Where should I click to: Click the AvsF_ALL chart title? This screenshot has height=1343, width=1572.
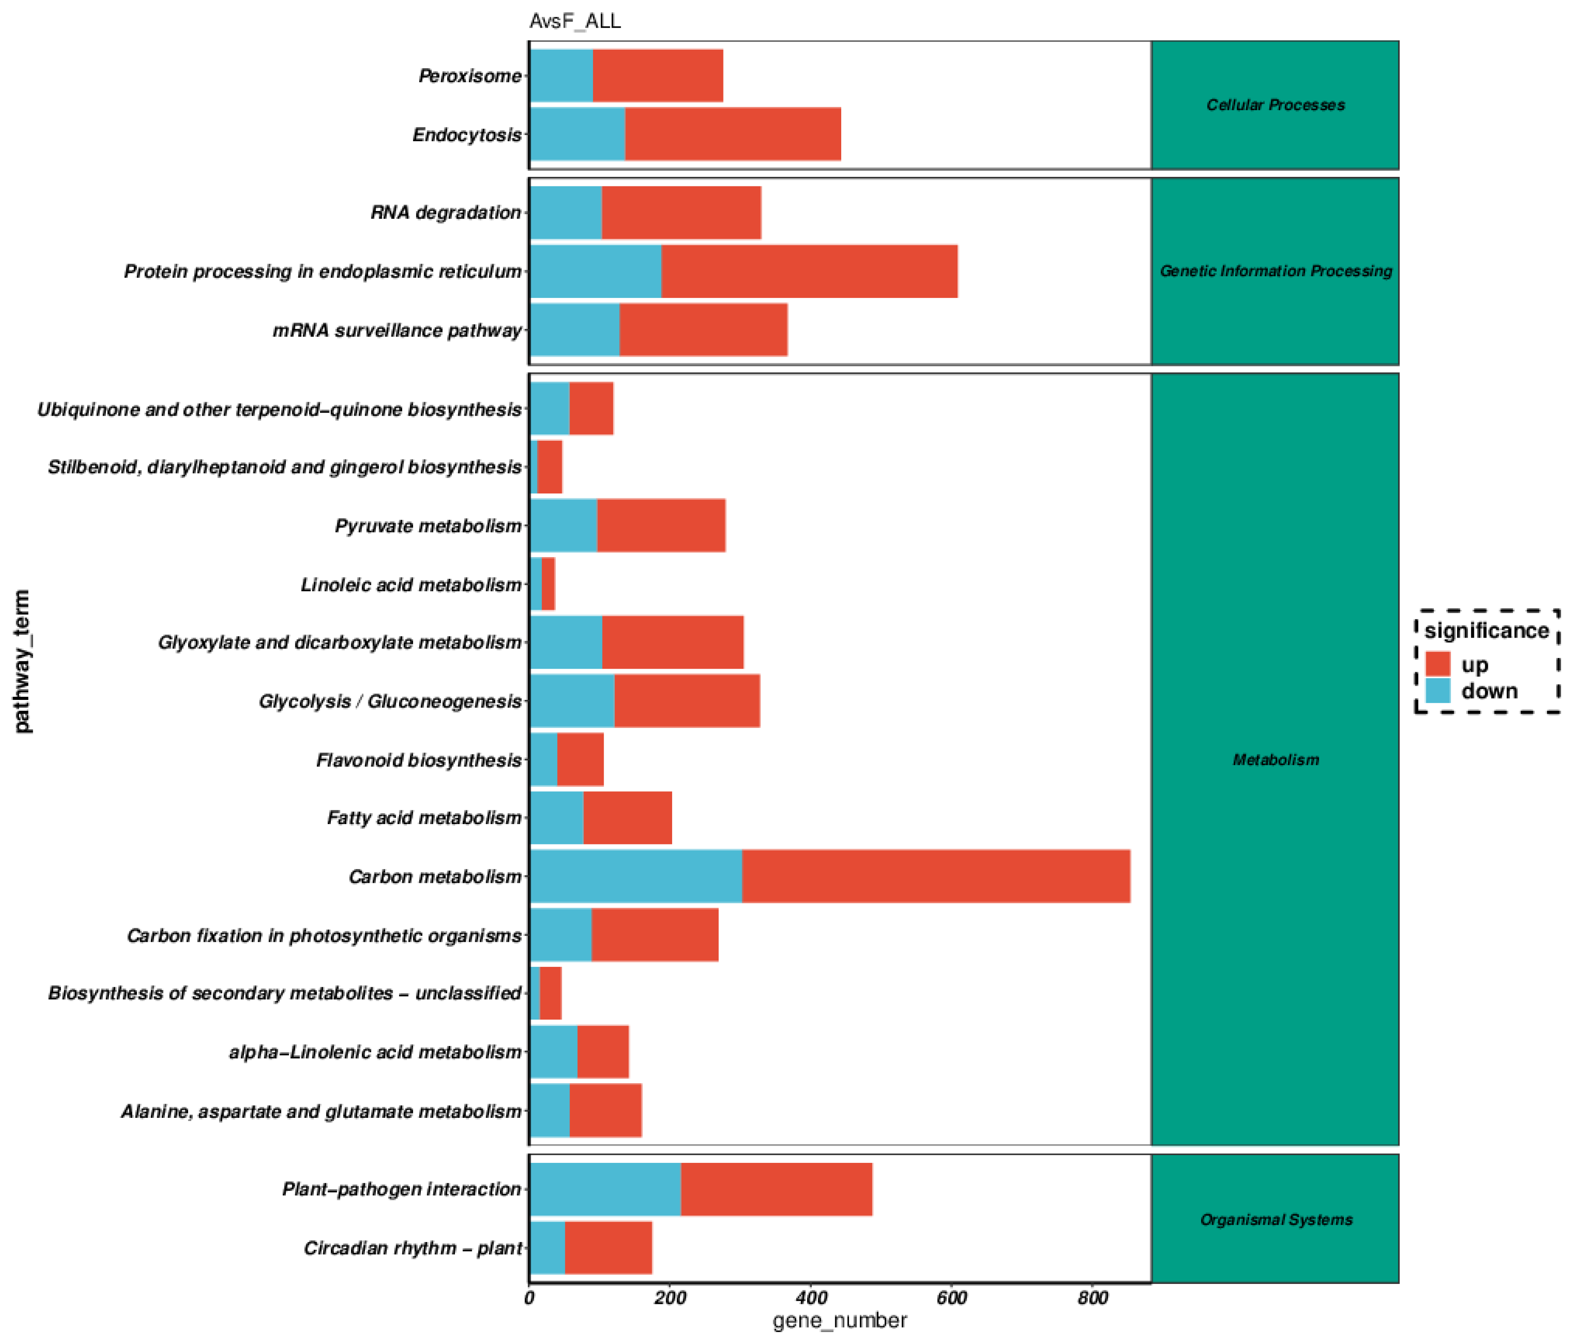574,21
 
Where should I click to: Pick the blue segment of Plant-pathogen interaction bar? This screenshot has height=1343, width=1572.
605,1189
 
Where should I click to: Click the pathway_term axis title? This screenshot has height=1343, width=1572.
23,660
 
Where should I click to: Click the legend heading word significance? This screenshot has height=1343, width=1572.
1486,631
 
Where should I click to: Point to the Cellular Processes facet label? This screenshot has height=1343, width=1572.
1275,105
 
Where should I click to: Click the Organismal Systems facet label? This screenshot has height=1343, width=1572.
1275,1219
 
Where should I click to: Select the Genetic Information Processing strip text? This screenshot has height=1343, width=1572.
1275,271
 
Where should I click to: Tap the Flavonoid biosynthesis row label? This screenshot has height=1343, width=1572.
419,760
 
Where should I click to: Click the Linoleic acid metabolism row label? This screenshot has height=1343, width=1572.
411,584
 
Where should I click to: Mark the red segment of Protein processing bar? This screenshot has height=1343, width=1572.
809,271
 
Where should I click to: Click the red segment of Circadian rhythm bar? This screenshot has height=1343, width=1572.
608,1248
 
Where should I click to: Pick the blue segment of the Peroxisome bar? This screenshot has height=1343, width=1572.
561,75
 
